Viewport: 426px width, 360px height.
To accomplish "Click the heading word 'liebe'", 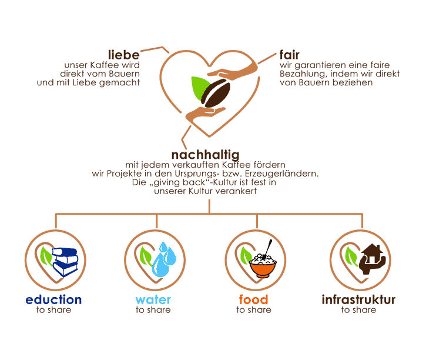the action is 124,55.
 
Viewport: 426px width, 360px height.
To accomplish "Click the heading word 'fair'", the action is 290,55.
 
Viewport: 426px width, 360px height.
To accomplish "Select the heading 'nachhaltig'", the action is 206,155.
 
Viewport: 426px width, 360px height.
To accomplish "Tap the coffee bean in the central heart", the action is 216,94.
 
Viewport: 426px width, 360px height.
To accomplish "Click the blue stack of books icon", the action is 65,262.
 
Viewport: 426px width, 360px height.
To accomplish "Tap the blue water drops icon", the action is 164,259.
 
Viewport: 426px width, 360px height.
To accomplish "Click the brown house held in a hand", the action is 372,259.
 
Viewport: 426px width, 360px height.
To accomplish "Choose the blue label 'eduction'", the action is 54,299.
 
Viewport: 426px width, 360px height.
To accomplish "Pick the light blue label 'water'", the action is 153,300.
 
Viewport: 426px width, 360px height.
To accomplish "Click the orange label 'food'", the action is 253,299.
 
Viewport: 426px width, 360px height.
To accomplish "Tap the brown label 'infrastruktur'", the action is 358,299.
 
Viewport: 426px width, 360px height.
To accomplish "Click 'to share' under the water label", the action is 153,310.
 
